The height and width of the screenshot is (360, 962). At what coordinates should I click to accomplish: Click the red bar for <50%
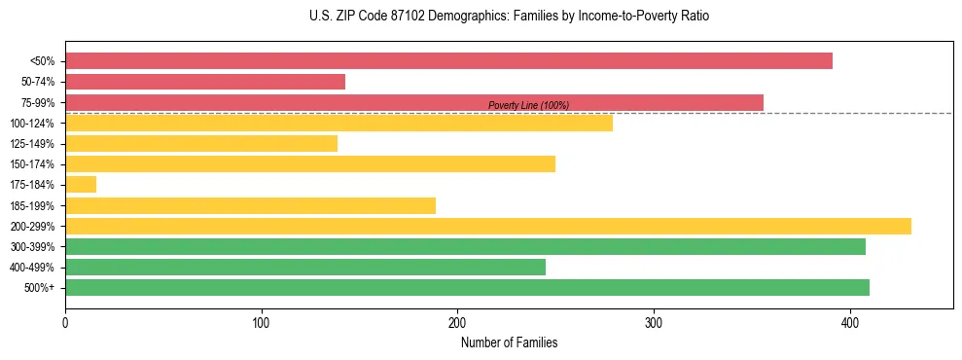click(448, 60)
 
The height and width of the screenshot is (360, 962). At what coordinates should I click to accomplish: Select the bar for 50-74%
click(205, 82)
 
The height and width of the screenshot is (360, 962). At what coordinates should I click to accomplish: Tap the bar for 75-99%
click(414, 102)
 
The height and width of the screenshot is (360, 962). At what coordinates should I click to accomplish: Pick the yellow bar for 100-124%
click(338, 123)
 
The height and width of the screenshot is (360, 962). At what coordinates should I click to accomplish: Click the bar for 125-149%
click(201, 144)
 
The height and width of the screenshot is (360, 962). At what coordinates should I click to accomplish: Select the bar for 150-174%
click(310, 164)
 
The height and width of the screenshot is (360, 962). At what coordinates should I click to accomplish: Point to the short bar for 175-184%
click(81, 185)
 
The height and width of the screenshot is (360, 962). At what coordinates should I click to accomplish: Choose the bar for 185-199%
click(250, 205)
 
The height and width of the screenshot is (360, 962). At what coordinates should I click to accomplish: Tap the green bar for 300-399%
click(465, 246)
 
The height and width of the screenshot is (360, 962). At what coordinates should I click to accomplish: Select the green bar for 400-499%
click(305, 268)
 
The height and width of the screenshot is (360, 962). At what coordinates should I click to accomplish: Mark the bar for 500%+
click(467, 288)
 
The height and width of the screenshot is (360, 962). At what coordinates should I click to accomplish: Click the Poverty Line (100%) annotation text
click(528, 105)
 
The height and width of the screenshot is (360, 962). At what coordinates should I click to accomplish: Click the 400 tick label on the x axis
click(850, 323)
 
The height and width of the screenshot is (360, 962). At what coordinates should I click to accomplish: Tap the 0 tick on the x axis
click(65, 323)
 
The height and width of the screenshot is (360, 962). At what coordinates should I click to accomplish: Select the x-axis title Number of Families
click(509, 342)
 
